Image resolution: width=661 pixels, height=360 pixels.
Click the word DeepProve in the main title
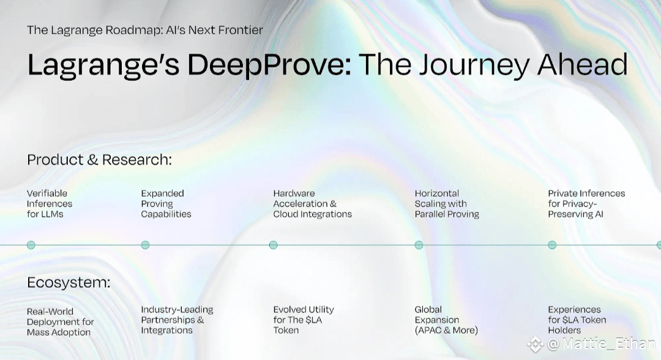269,65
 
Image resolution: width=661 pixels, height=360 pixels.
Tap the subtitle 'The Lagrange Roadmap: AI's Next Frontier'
145,30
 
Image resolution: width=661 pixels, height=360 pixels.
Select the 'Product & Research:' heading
100,160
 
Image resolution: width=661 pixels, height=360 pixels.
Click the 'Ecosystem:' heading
69,282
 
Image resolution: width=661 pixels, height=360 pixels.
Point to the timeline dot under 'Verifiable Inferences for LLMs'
31,245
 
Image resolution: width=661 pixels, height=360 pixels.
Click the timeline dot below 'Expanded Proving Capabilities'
146,245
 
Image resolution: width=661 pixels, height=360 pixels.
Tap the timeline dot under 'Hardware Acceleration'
274,245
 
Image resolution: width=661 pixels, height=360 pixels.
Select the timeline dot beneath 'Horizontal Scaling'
419,245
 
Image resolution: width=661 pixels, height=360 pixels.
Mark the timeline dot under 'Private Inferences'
552,245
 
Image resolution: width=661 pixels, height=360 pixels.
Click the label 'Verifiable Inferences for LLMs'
50,204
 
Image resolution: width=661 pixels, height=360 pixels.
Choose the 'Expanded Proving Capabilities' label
166,204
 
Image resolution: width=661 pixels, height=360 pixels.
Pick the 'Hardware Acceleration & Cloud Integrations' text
312,204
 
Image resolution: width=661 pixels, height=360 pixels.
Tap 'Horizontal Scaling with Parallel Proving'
447,204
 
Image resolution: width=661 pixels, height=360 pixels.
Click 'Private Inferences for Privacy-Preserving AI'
586,204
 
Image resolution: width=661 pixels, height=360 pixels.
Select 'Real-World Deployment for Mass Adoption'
60,321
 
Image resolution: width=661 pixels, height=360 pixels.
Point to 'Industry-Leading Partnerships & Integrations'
177,320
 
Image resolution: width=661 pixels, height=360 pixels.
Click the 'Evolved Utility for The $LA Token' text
304,320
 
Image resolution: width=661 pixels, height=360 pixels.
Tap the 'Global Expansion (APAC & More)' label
446,320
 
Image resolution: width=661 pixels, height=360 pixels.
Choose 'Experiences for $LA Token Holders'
577,320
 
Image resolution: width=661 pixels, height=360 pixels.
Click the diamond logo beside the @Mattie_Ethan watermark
536,345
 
